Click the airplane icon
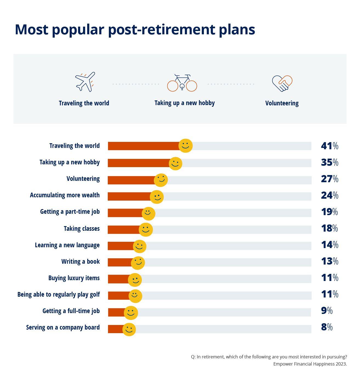(85, 82)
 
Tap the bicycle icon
(182, 83)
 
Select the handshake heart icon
(282, 83)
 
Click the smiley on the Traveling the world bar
(185, 145)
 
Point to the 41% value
(329, 146)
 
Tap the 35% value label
(329, 162)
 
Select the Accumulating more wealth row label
(65, 195)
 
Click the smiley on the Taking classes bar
(146, 229)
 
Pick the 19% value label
(329, 212)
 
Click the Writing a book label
(80, 262)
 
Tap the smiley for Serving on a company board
(129, 329)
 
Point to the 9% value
(327, 310)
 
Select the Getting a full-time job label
(71, 311)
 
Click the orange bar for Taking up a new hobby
(138, 163)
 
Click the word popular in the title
(78, 29)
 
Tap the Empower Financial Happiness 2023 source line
(310, 364)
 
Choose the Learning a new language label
(67, 245)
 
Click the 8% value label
(327, 327)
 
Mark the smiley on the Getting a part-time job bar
(148, 213)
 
